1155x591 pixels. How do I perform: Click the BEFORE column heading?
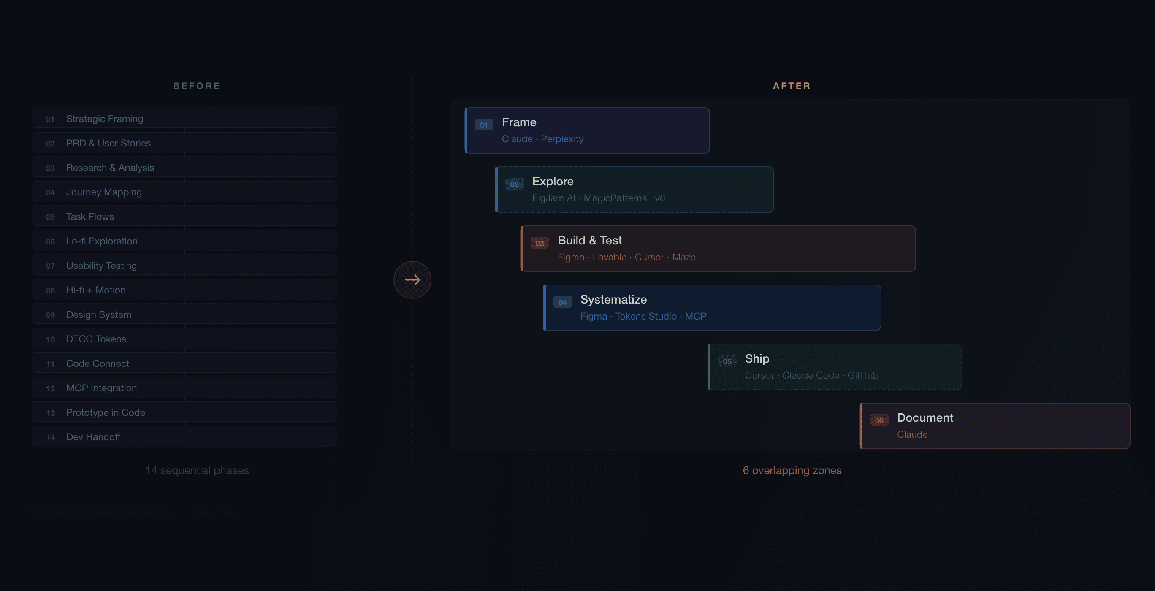(196, 86)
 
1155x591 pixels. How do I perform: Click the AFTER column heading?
(792, 86)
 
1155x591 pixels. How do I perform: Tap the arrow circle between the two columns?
(412, 280)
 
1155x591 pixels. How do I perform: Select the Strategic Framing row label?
(104, 119)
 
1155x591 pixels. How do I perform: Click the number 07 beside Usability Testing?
(50, 266)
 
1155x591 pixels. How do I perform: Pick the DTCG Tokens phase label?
(96, 339)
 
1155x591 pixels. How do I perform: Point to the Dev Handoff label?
(93, 437)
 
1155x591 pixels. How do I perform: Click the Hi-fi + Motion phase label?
(95, 290)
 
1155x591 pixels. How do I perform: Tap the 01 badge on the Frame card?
(484, 125)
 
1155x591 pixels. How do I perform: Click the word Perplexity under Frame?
(562, 139)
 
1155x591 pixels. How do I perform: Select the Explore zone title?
(553, 181)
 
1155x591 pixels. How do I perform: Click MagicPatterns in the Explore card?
(615, 198)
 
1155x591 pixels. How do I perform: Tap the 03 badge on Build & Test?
(540, 244)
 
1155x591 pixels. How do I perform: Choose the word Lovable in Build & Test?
(609, 258)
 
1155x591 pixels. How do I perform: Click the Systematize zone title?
(613, 300)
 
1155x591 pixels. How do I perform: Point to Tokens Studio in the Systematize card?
(645, 317)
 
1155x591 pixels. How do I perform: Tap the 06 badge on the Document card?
(879, 420)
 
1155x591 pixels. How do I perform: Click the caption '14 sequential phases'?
(197, 470)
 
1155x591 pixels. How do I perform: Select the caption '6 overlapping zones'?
(792, 470)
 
